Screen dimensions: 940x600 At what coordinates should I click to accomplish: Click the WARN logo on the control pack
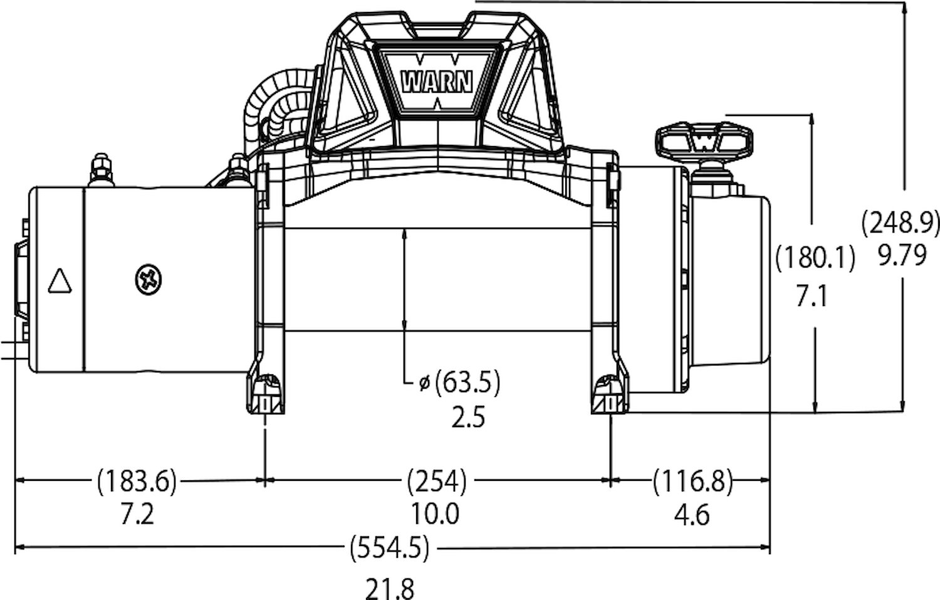pos(436,82)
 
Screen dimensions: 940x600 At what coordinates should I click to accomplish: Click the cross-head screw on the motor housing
pos(149,279)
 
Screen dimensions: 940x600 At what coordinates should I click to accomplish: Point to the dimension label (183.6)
pos(137,481)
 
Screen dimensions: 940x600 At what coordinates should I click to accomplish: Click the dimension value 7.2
pos(138,514)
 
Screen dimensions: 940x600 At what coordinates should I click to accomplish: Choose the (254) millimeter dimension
pos(437,481)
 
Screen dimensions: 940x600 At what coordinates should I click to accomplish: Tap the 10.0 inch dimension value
pos(435,514)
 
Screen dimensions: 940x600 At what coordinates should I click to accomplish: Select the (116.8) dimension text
pos(693,481)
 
